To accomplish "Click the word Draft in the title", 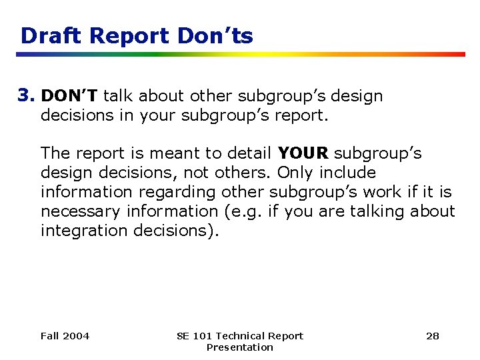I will coord(47,35).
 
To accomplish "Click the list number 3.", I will coord(27,95).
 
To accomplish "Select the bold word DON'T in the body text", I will coord(69,95).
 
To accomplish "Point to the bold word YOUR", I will coord(303,153).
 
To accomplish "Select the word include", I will coord(348,173).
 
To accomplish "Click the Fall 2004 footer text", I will coord(65,335).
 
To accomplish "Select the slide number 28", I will coord(433,335).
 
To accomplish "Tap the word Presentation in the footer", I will coord(239,347).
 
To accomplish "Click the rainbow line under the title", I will coord(240,54).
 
